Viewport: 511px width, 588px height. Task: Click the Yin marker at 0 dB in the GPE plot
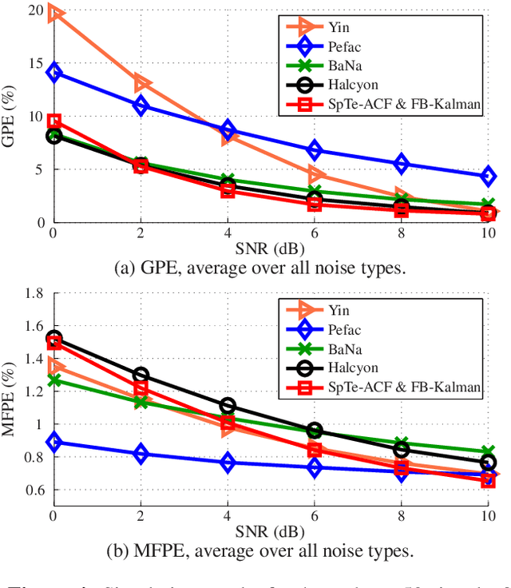pos(53,14)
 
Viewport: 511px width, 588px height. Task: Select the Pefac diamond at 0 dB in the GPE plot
pos(53,73)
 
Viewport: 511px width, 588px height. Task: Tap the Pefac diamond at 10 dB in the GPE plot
pos(488,176)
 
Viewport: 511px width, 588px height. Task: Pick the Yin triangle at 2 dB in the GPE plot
pos(141,82)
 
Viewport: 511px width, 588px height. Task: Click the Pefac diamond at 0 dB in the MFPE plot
pos(53,442)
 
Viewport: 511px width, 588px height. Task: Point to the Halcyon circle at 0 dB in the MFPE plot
pos(53,339)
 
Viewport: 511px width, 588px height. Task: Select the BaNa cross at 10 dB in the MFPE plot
pos(488,452)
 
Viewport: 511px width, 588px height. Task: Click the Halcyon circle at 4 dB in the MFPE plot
pos(228,406)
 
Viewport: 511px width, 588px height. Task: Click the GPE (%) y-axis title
pos(11,116)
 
